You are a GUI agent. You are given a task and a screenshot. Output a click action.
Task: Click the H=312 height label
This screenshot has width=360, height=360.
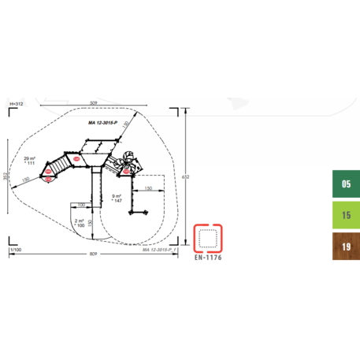pos(15,104)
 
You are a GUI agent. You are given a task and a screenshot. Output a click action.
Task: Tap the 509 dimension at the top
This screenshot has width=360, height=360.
pos(94,102)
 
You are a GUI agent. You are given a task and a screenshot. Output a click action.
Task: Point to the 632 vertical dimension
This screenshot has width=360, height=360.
pos(186,176)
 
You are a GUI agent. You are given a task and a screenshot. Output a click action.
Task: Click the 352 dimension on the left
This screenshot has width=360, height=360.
pos(6,176)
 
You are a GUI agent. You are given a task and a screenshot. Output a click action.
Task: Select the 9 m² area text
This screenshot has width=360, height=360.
pos(117,195)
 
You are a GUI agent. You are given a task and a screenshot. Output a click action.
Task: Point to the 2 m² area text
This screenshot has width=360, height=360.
pos(80,221)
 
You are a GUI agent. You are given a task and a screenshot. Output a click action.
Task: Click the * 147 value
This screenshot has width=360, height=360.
pos(117,201)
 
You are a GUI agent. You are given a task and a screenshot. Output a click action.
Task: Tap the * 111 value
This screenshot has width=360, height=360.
pos(30,162)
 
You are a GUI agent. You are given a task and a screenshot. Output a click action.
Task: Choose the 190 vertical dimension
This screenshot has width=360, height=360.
pos(91,223)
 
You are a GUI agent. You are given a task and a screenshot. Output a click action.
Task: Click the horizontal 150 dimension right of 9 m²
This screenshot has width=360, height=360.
pos(147,189)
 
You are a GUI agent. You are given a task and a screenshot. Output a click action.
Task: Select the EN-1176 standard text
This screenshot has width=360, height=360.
pos(209,256)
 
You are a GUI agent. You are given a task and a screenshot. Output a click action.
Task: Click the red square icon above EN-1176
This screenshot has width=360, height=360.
pos(209,236)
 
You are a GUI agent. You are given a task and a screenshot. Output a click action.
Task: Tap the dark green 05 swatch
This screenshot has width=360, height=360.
pos(345,185)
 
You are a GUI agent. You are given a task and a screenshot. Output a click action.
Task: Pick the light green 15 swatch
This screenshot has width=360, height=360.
pos(345,214)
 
